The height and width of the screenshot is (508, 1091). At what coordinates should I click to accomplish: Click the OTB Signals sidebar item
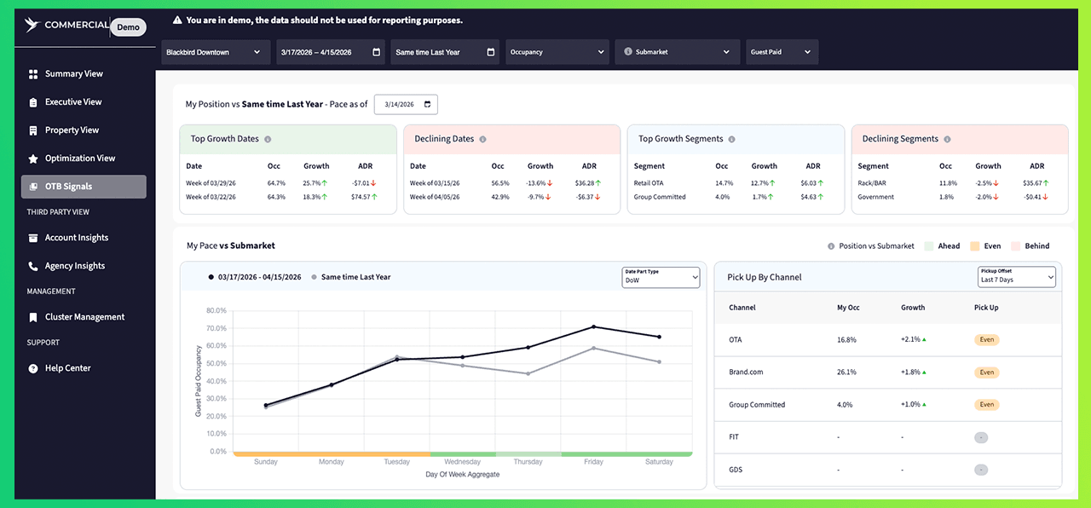coord(84,187)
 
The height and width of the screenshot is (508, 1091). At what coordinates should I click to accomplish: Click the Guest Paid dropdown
coord(782,52)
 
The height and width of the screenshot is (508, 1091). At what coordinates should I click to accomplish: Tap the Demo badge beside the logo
coord(128,26)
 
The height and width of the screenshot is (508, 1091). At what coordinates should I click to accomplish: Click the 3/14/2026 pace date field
coord(406,104)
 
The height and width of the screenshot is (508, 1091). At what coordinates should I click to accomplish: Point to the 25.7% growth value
coord(311,183)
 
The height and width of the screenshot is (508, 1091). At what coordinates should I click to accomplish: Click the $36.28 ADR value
coord(584,183)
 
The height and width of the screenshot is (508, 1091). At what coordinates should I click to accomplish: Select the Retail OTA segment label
coord(649,183)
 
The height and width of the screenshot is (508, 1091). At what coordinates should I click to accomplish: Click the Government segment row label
coord(875,197)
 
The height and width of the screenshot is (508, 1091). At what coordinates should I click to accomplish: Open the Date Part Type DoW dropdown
coord(661,277)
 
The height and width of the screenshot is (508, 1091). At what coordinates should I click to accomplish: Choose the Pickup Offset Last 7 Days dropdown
coord(1016,277)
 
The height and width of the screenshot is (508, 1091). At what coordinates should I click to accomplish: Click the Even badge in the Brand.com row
coord(987,372)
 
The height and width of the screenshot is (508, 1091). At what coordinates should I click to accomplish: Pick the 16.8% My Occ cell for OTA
coord(846,340)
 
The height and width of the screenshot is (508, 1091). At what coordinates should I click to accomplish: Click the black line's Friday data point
coord(594,326)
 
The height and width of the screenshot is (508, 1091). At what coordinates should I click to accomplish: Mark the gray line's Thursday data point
coord(528,374)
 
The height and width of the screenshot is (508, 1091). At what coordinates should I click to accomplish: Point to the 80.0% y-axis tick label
coord(216,311)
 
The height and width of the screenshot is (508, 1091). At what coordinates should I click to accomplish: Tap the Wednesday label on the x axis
coord(462,462)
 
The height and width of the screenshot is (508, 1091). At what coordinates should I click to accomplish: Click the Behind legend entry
coord(1030,246)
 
